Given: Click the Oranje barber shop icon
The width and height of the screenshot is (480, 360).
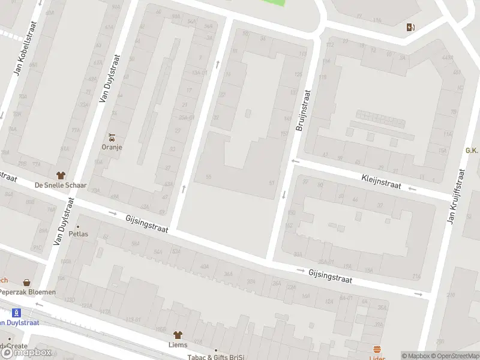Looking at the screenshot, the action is coord(112,137).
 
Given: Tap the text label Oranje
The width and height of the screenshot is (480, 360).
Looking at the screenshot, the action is coord(112,147).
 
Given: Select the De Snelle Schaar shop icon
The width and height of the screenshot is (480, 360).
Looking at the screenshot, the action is coord(60,175).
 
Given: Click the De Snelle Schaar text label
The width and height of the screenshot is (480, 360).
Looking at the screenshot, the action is coord(60,185).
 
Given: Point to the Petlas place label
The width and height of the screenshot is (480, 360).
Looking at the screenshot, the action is coord(78,234).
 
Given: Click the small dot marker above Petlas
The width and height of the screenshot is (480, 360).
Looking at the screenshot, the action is coord(78,226).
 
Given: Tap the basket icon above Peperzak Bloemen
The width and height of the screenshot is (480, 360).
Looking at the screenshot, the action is coord(27,282).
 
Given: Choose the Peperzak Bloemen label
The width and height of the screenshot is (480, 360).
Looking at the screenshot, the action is coord(28,292).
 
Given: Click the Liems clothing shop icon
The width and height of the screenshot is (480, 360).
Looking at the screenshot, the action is coord(178,335).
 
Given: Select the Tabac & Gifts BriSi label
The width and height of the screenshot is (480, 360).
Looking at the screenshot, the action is coord(216,356).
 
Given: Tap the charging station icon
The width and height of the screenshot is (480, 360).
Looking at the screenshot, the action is coord(410,27).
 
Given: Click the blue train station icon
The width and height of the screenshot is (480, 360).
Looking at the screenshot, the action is coord(17,313).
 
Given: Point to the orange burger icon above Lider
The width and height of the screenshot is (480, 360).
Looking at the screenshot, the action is coord(377,349).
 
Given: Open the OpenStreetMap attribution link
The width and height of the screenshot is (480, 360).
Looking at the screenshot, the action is coord(455,355).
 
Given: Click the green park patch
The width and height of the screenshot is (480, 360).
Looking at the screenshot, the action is coord(272,2).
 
